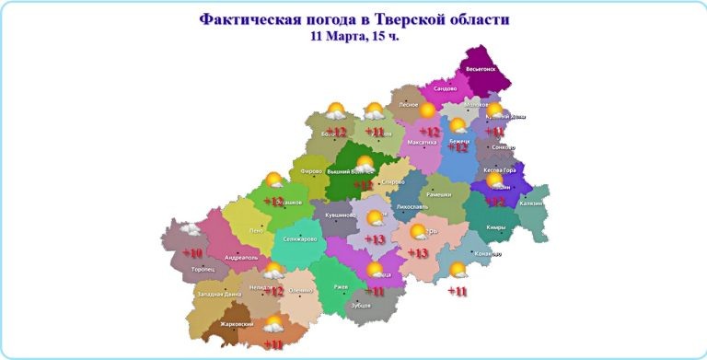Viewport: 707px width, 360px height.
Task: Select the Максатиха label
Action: click(x=422, y=143)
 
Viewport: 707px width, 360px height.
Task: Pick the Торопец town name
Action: click(x=203, y=270)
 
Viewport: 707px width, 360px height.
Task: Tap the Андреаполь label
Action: click(x=241, y=257)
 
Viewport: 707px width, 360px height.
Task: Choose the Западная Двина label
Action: click(x=219, y=294)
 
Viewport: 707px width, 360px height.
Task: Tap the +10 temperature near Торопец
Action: click(x=191, y=252)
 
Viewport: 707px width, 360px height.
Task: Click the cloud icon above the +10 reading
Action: click(x=190, y=228)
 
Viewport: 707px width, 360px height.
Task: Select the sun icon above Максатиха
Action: click(x=427, y=110)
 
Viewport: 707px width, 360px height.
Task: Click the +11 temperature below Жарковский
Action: click(x=273, y=344)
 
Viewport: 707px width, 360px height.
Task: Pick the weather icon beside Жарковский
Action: click(x=273, y=324)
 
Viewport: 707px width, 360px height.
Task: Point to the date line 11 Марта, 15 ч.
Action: click(x=354, y=38)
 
